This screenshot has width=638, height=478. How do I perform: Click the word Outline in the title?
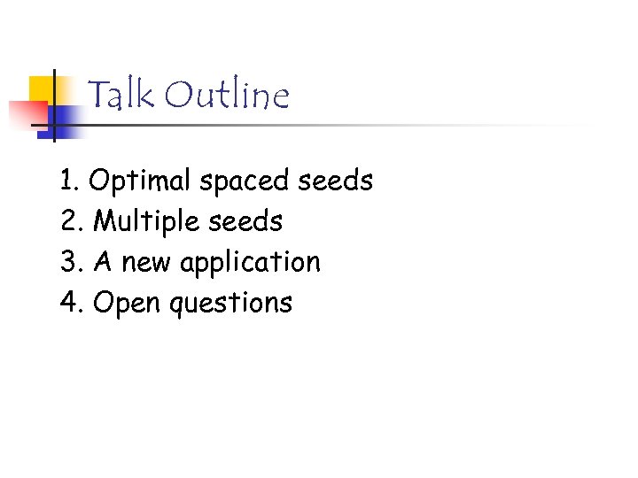[x=227, y=95]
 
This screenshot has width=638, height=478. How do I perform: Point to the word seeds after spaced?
[x=336, y=181]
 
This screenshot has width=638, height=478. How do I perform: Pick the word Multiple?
[x=150, y=221]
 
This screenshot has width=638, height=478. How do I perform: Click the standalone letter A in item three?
[x=103, y=263]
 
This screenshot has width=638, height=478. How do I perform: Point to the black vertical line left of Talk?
[x=54, y=106]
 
